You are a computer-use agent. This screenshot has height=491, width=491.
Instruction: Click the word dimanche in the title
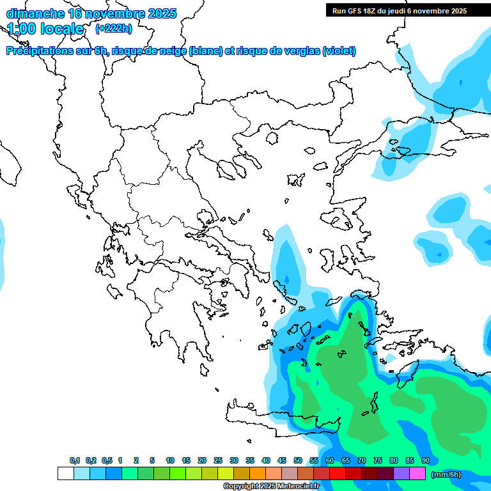click(35, 13)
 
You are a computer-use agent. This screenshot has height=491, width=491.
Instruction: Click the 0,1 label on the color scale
click(75, 460)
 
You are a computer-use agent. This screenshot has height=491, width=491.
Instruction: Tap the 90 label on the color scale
click(425, 460)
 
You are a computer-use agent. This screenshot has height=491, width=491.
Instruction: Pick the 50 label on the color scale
click(298, 460)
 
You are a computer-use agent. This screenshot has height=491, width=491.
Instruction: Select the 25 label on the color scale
click(218, 460)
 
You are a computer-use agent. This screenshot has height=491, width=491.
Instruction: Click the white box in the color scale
click(65, 474)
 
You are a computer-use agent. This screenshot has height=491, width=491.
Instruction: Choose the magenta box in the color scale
click(417, 474)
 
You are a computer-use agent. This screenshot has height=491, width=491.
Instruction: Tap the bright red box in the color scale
click(338, 474)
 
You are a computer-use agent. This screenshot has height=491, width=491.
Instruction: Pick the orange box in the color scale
click(258, 474)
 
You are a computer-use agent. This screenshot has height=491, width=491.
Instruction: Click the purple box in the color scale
click(401, 474)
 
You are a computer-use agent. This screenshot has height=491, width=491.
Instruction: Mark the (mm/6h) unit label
click(446, 474)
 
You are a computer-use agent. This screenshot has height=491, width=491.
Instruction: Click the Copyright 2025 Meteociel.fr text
click(271, 486)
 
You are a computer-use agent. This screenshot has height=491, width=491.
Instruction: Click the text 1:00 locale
click(45, 29)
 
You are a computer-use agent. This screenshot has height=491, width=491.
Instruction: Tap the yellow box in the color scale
click(225, 474)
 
